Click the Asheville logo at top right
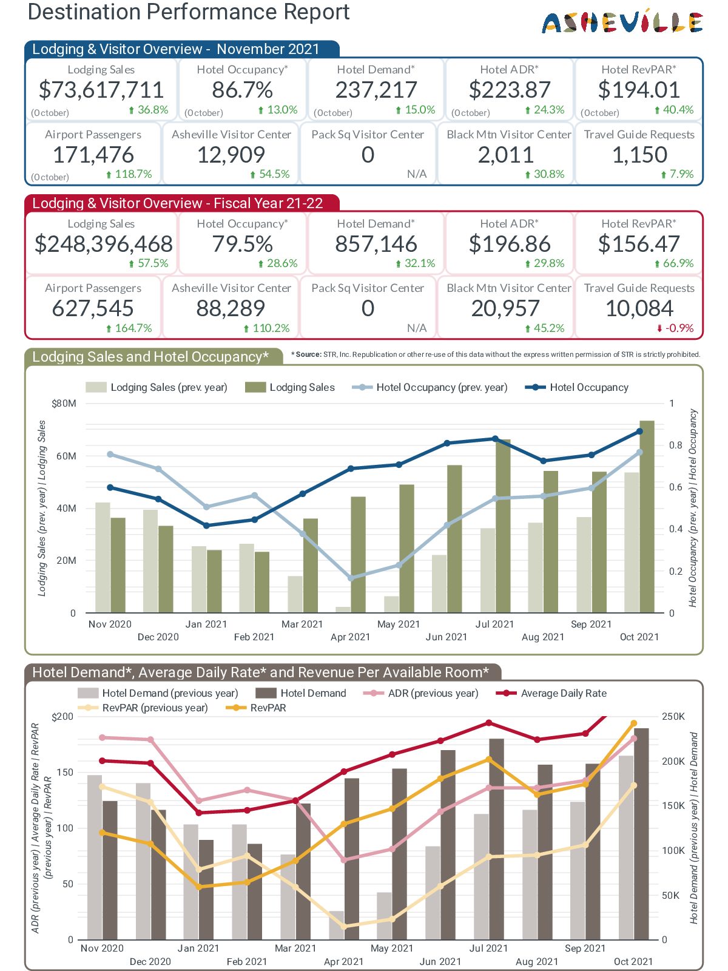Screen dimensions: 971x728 (622, 22)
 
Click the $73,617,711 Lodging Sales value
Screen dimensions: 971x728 (101, 90)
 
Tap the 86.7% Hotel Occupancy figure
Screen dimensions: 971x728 (242, 90)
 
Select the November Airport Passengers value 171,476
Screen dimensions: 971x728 (93, 155)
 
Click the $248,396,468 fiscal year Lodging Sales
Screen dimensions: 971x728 (104, 244)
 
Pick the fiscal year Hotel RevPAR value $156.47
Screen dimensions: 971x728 (639, 244)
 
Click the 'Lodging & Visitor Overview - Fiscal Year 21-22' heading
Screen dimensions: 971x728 (177, 203)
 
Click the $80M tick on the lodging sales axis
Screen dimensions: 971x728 (64, 404)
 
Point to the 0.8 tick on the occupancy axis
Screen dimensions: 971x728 (676, 445)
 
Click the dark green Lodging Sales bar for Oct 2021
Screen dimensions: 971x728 (647, 516)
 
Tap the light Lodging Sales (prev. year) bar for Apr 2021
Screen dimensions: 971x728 (343, 609)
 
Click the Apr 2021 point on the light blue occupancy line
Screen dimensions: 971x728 (351, 578)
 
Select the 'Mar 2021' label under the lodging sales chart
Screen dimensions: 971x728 (302, 624)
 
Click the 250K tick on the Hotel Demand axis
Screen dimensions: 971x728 (673, 717)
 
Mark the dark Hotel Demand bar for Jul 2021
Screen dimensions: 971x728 (496, 837)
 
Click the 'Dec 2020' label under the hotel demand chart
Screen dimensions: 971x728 (150, 961)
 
